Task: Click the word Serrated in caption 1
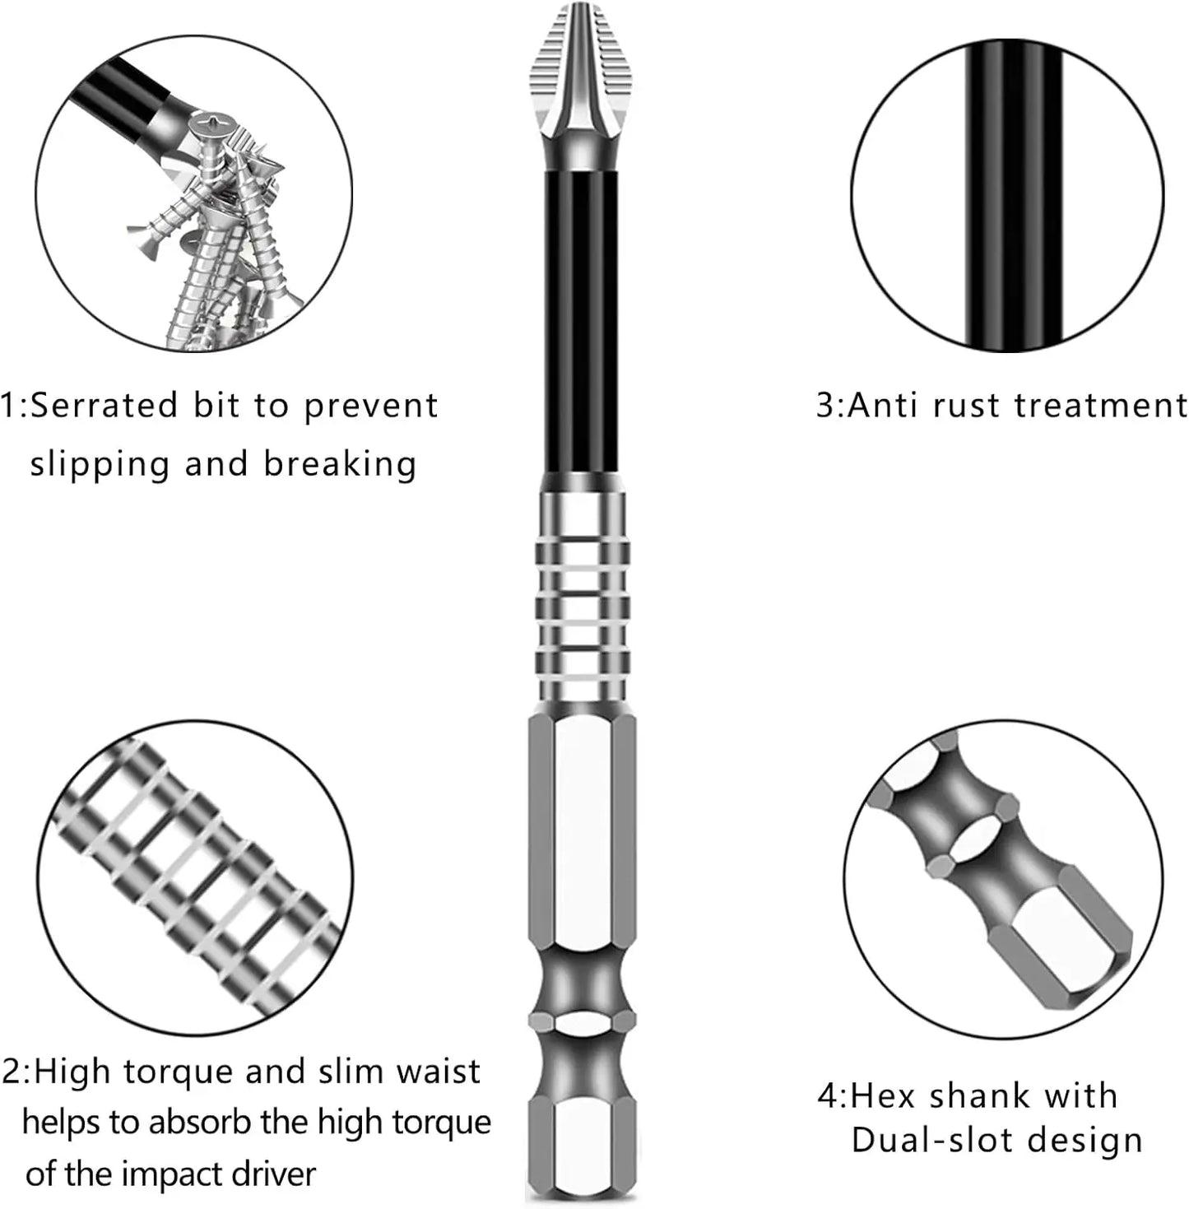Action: [x=105, y=405]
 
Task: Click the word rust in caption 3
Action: [x=967, y=405]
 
